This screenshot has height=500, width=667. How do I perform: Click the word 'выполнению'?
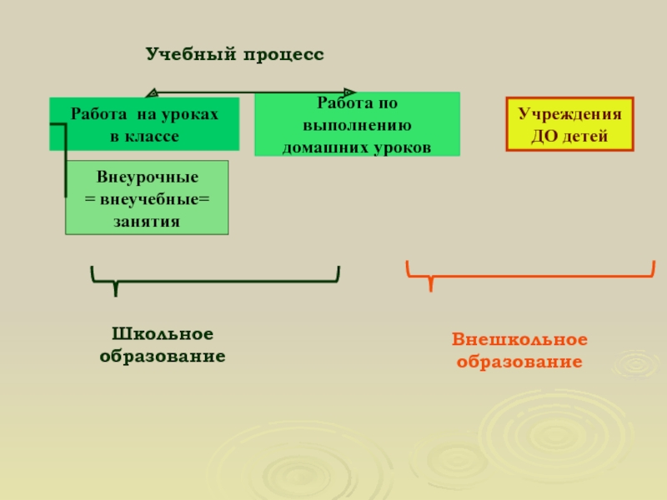click(357, 126)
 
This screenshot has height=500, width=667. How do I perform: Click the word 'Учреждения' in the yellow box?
click(569, 114)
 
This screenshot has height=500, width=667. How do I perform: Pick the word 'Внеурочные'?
click(147, 177)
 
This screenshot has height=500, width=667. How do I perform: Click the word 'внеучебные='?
click(154, 199)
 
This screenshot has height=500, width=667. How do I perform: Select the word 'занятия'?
click(147, 221)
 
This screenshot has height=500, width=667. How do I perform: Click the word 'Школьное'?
click(163, 334)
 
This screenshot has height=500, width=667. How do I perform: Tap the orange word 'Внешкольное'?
click(520, 340)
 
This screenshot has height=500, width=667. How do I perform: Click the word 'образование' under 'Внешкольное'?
click(520, 362)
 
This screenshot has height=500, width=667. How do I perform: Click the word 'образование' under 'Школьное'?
click(163, 356)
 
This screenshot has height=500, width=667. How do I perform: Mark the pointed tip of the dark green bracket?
click(115, 292)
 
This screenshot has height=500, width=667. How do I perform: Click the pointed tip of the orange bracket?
click(430, 287)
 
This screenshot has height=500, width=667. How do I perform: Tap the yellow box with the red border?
click(569, 124)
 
